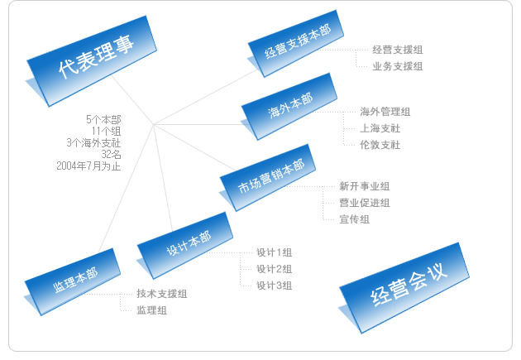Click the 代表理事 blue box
(91, 61)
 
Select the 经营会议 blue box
(404, 288)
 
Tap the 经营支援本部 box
(295, 43)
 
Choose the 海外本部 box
(289, 107)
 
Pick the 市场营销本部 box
(267, 177)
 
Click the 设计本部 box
(184, 246)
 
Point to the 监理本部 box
(72, 282)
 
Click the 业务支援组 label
(398, 66)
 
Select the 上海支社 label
(380, 128)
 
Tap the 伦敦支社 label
(380, 145)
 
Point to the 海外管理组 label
(385, 112)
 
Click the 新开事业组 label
(364, 186)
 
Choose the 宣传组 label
(354, 219)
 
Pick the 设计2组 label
(274, 269)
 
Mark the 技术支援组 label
(162, 294)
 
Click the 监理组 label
(152, 310)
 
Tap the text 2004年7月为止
(88, 166)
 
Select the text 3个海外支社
(93, 143)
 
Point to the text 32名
(111, 155)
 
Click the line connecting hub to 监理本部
(127, 188)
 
